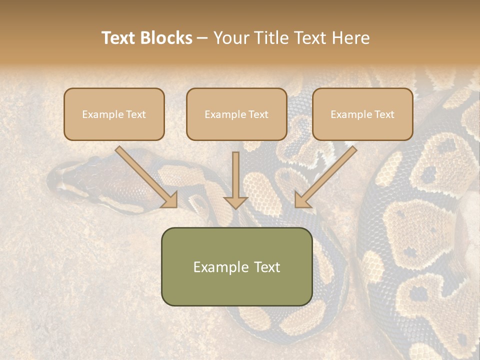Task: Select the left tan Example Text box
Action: click(114, 114)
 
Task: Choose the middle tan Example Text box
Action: click(236, 114)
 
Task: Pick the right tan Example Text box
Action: click(362, 114)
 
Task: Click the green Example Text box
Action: click(236, 266)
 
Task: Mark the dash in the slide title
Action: click(202, 38)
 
